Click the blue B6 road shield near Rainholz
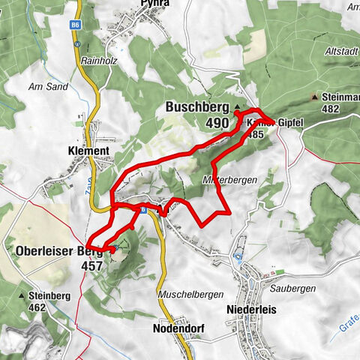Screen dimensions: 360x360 [76, 25]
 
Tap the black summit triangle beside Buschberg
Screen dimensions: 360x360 [238, 108]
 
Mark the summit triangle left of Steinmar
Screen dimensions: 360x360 [313, 97]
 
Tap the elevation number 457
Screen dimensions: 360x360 [92, 265]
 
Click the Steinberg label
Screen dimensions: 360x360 [50, 295]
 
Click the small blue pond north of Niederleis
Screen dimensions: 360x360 [238, 257]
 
